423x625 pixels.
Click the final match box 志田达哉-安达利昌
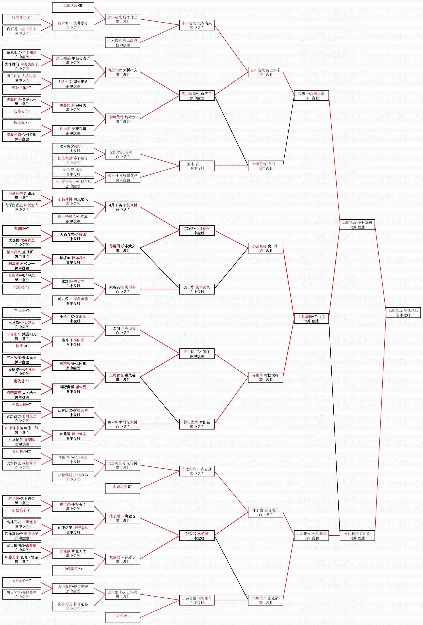403,313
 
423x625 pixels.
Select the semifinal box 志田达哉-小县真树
357,225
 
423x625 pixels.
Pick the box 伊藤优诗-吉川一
265,166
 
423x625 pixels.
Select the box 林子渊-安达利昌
265,512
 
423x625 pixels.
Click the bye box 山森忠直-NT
122,489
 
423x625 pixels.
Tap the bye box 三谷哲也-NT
122,618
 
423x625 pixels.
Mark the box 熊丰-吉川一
197,166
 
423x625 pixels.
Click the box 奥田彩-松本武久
197,289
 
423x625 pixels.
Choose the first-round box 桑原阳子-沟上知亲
22,55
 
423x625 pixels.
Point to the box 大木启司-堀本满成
122,43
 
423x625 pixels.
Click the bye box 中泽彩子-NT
73,571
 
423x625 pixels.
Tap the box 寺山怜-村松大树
265,377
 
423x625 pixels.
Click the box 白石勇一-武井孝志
22,31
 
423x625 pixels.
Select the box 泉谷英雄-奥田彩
122,289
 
